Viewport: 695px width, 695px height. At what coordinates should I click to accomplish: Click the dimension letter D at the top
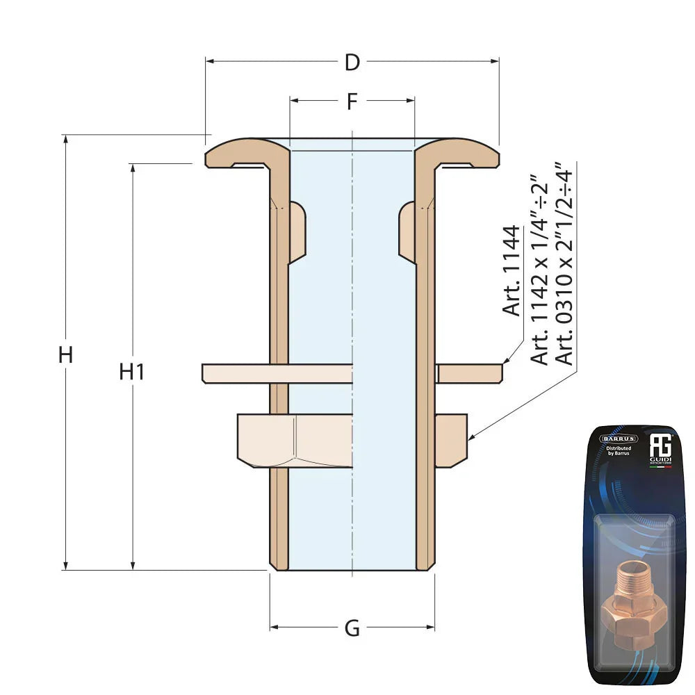[x=352, y=63]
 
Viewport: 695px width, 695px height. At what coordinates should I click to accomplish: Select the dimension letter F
[x=352, y=101]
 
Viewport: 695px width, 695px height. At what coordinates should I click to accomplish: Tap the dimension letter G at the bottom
[x=352, y=628]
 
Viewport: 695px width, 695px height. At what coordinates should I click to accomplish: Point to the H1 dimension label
[x=131, y=372]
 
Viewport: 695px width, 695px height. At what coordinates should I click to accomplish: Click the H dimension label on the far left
[x=65, y=355]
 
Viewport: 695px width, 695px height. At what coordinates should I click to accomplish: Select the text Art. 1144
[x=512, y=271]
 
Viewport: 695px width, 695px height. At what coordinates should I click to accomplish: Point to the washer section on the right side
[x=469, y=373]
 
